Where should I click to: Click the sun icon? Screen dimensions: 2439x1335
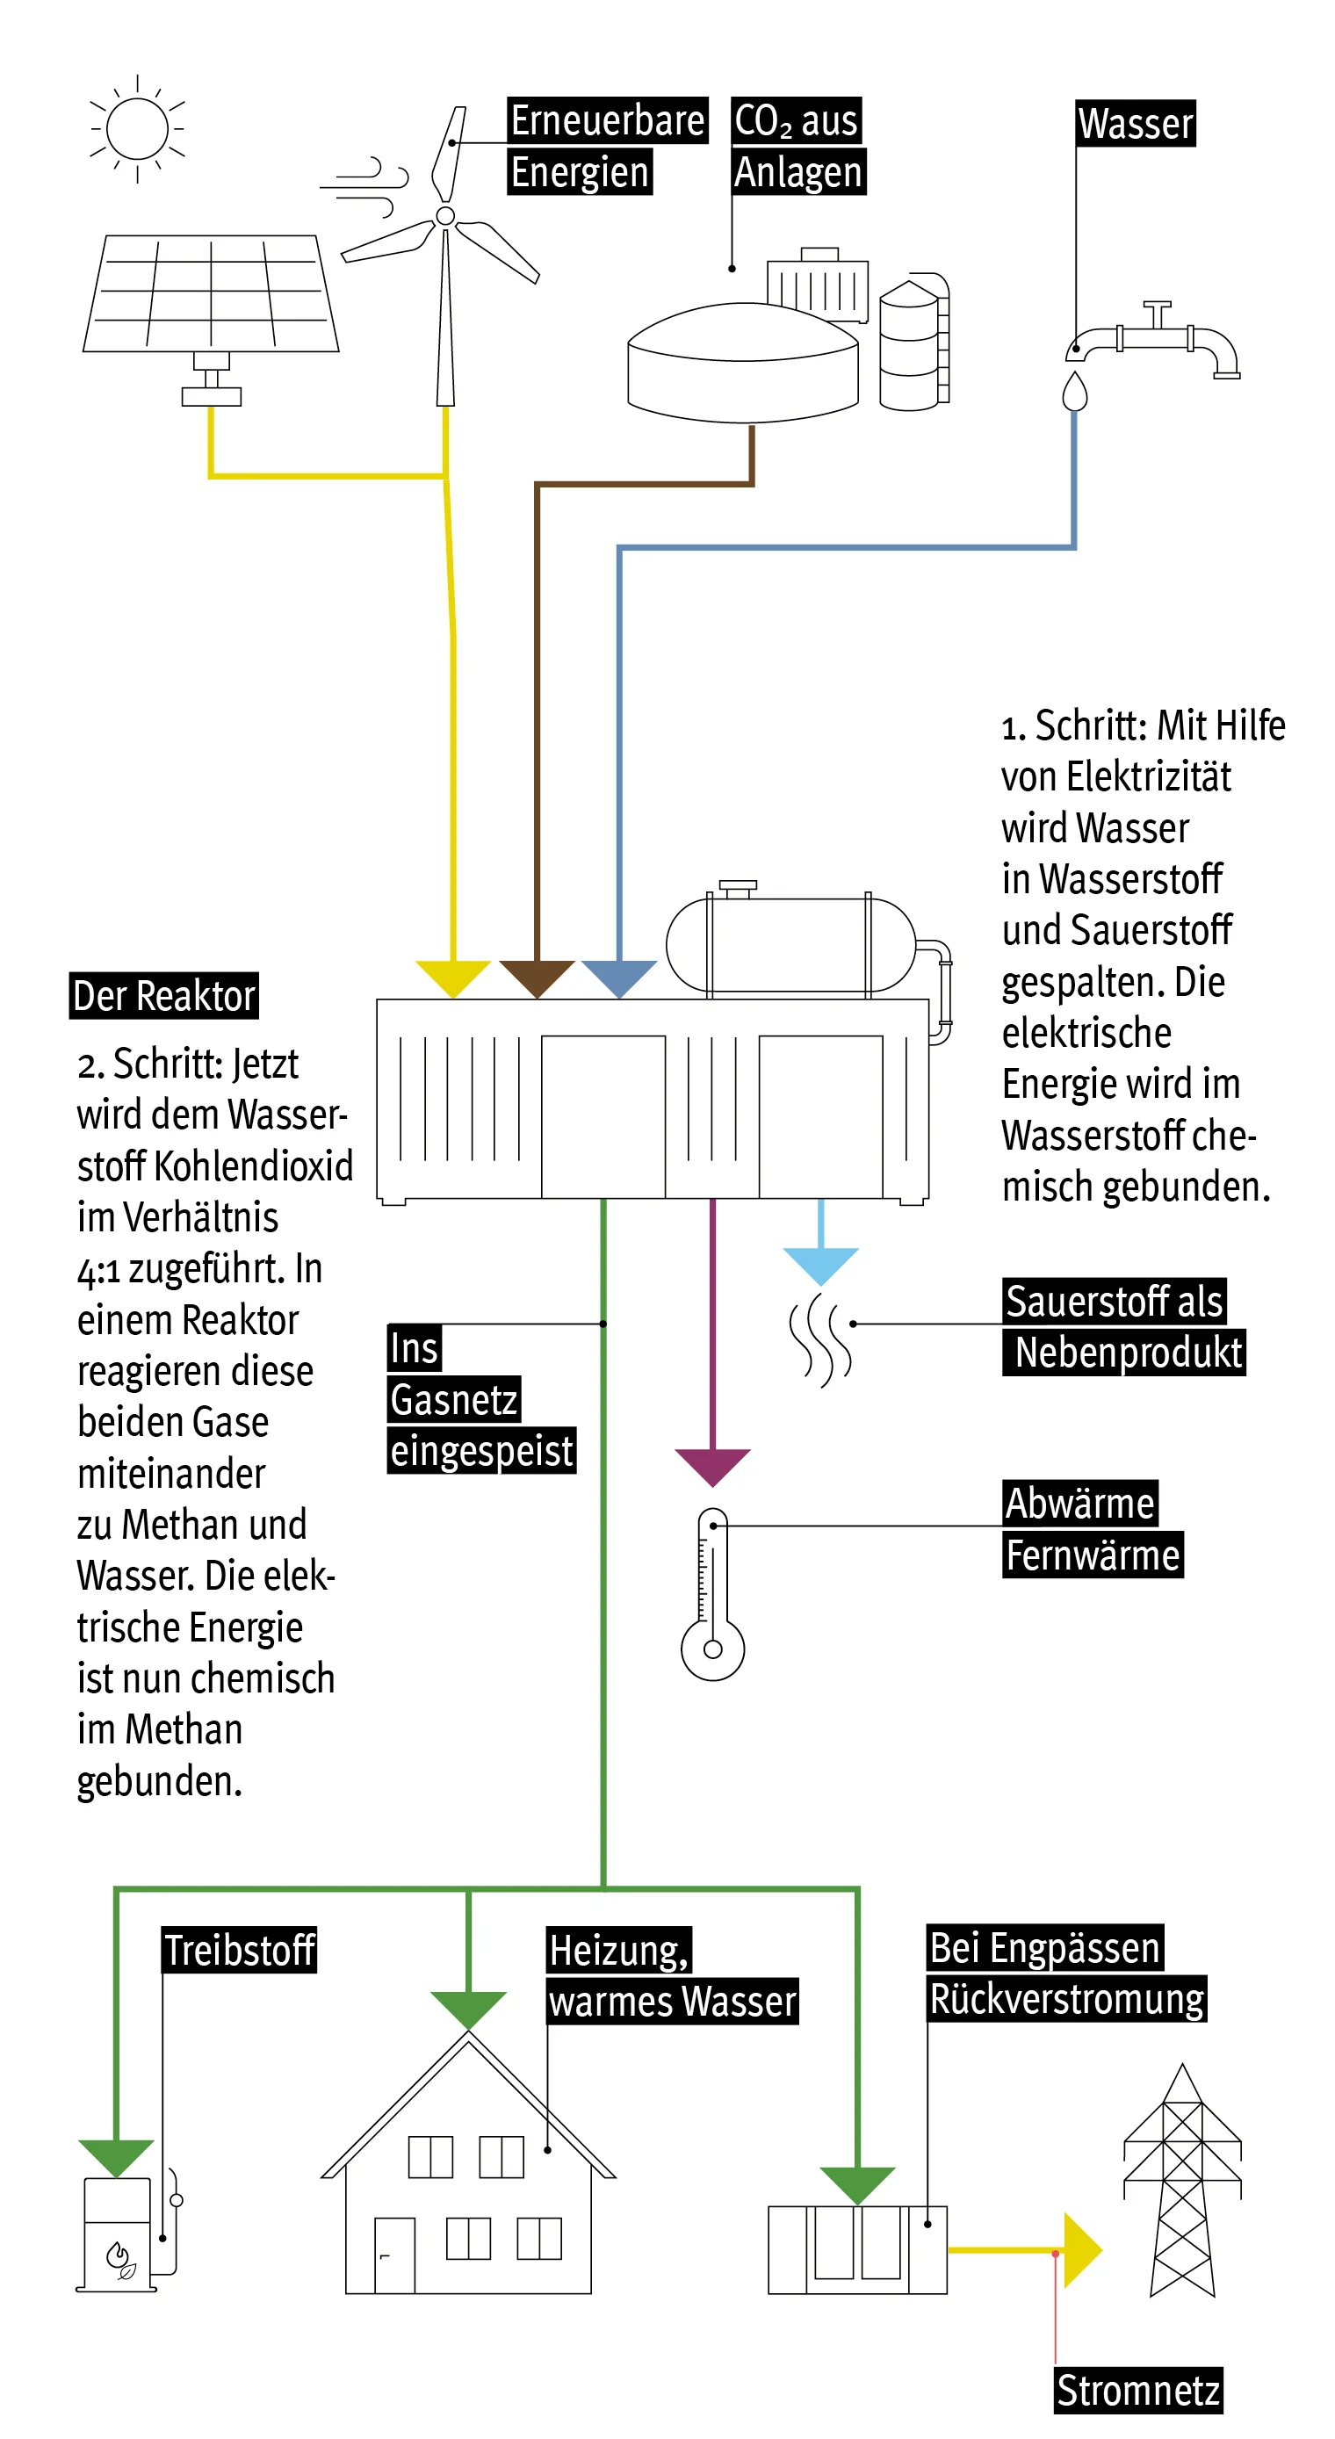point(137,128)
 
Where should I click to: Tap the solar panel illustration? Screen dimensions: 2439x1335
point(210,293)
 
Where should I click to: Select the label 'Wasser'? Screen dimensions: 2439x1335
point(1136,124)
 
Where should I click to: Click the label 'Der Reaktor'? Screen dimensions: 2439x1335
point(163,996)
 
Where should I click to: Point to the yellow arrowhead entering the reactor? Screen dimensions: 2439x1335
point(452,976)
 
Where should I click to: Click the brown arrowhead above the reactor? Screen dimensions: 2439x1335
point(537,976)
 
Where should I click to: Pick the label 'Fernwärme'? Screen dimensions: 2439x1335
point(1093,1555)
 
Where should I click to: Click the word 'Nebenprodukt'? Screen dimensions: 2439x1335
point(1128,1352)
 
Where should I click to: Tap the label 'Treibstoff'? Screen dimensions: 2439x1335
point(240,1951)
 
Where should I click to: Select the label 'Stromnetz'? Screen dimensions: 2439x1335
point(1138,2391)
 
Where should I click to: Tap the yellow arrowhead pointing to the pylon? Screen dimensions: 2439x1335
point(1081,2249)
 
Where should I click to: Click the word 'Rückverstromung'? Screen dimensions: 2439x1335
point(1067,1999)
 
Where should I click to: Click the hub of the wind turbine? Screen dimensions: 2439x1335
point(445,216)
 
